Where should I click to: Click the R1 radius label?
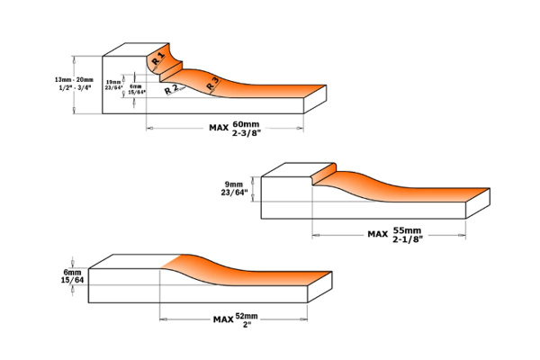[x=157, y=59]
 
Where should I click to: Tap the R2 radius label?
[x=171, y=90]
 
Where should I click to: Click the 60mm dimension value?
[x=245, y=123]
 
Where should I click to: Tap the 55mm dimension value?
[x=406, y=230]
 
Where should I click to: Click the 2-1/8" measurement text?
[x=408, y=239]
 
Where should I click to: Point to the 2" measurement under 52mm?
[x=245, y=325]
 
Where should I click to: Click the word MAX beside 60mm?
[x=219, y=128]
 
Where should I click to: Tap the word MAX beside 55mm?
[x=378, y=235]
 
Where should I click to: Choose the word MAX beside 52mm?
[x=223, y=319]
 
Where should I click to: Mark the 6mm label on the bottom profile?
[x=72, y=271]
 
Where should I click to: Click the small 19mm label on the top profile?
[x=112, y=81]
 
